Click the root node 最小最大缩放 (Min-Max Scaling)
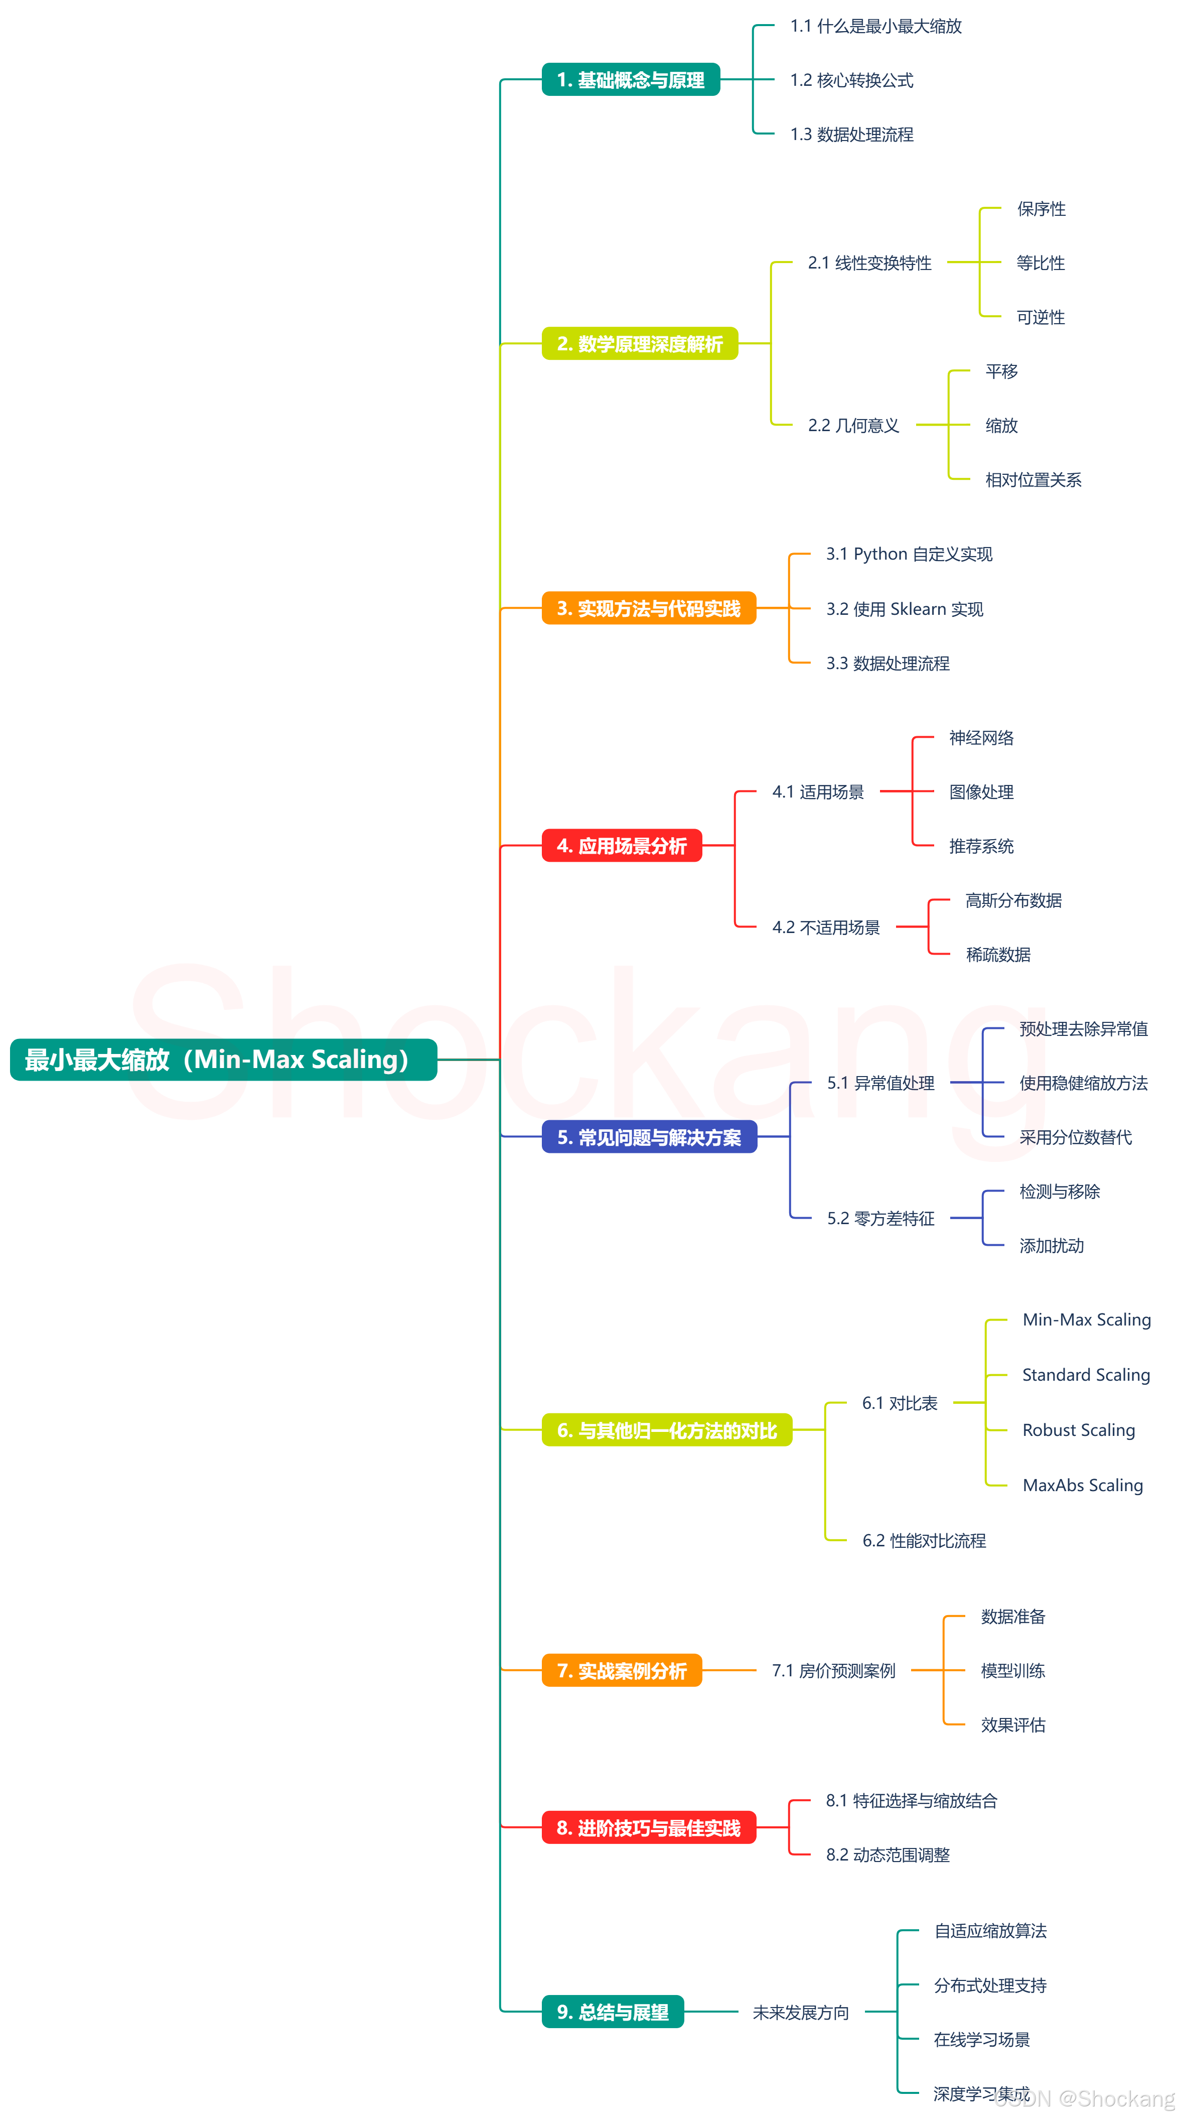pyautogui.click(x=223, y=1059)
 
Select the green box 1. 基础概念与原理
pyautogui.click(x=631, y=80)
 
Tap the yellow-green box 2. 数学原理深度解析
pyautogui.click(x=640, y=344)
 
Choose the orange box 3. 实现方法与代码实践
pyautogui.click(x=649, y=608)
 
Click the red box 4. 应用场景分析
pyautogui.click(x=622, y=845)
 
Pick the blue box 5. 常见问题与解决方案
pyautogui.click(x=649, y=1137)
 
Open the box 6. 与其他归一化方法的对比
pyautogui.click(x=667, y=1430)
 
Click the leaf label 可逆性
pyautogui.click(x=1041, y=317)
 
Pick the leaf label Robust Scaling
pyautogui.click(x=1078, y=1430)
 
